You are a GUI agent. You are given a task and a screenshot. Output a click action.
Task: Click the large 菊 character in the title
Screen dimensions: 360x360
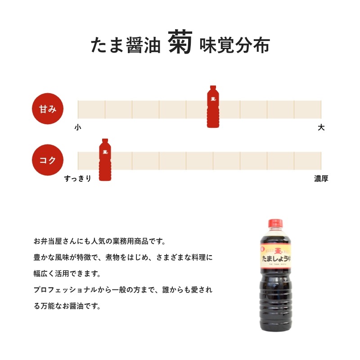(181, 44)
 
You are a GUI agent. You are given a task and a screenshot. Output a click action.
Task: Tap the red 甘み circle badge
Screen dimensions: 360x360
(48, 109)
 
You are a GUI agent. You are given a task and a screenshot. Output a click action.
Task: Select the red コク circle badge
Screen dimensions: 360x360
(48, 160)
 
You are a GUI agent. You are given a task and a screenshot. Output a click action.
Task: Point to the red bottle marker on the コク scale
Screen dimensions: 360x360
(106, 160)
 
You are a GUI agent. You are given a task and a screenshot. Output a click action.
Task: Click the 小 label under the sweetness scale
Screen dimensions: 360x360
(78, 127)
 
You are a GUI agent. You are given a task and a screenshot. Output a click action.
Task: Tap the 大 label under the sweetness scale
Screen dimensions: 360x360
(321, 127)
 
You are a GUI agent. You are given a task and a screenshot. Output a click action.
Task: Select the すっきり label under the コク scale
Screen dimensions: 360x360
(78, 179)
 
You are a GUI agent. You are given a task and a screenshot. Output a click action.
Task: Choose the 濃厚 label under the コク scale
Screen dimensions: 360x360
(321, 179)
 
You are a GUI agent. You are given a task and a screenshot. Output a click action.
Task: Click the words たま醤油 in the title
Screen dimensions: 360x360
(126, 45)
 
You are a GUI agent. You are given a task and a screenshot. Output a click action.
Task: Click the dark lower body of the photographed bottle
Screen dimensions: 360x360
(275, 306)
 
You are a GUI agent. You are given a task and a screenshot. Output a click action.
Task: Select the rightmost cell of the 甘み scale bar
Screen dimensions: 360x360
(307, 109)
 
